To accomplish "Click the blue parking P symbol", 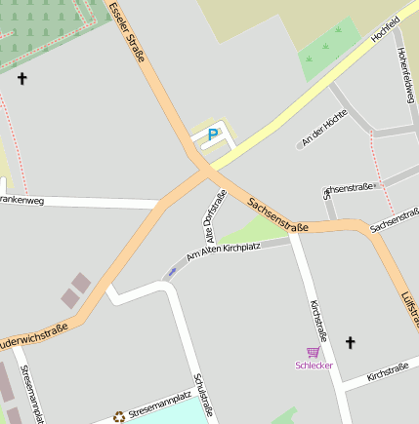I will [212, 135].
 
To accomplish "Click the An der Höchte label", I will [324, 129].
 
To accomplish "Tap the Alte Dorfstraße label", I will [215, 215].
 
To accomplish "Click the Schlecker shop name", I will [314, 365].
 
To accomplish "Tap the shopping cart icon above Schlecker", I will [314, 351].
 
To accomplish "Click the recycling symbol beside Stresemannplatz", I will [119, 416].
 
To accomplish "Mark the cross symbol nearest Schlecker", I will [351, 342].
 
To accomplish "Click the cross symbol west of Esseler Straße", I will [21, 78].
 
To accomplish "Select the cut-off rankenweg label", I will [22, 201].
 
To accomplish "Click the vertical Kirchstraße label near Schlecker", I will [318, 326].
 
